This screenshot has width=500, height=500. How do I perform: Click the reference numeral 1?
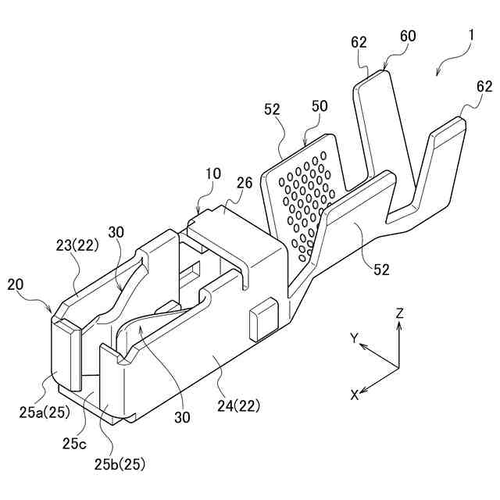click(471, 36)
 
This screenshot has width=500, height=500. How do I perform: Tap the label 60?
click(408, 36)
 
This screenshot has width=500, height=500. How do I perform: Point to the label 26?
click(244, 183)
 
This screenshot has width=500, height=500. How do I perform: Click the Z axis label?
click(399, 312)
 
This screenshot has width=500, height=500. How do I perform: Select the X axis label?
click(354, 395)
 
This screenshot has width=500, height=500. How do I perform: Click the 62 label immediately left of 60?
click(359, 44)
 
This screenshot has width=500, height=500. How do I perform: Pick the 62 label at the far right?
click(484, 87)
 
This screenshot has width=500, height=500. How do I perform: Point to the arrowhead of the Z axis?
click(399, 326)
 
